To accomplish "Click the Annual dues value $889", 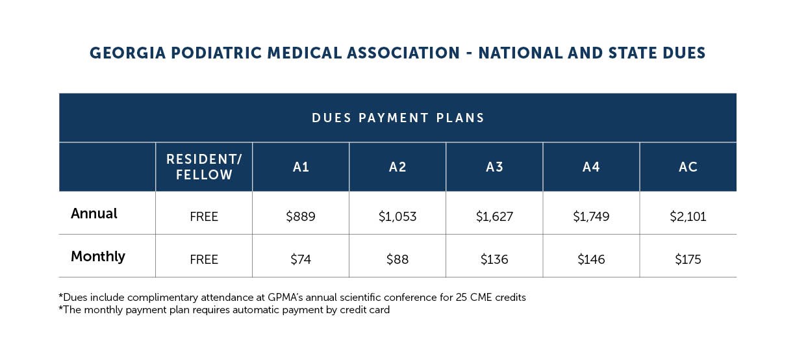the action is click(x=301, y=216).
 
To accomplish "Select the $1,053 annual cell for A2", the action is click(x=397, y=216).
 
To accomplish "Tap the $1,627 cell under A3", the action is click(x=494, y=216).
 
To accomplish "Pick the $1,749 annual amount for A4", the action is click(x=591, y=216).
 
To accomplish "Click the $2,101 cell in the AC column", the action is click(x=688, y=216).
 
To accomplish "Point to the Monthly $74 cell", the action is click(x=301, y=259).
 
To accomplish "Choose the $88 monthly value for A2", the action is click(x=397, y=259).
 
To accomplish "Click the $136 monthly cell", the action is click(x=494, y=259).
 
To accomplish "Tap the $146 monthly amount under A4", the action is click(x=591, y=259).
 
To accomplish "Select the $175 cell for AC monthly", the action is click(x=688, y=259).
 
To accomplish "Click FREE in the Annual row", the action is click(x=204, y=216).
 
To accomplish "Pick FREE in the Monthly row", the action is click(x=204, y=259).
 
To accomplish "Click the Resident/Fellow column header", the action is click(x=204, y=167).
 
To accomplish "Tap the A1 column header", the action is click(x=301, y=167).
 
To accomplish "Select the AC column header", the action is click(x=688, y=167).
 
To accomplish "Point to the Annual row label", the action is click(x=94, y=213).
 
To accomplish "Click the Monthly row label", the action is click(x=98, y=256).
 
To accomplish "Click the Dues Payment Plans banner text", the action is click(x=398, y=118).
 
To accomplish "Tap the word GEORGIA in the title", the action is click(x=128, y=53).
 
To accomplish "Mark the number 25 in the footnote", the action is click(x=461, y=297).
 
